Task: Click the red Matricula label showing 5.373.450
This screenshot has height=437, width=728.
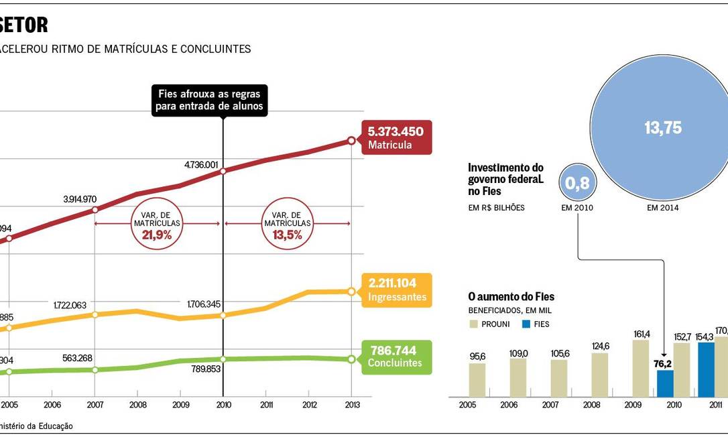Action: (396, 137)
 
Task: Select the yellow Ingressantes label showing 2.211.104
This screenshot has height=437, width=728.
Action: (396, 290)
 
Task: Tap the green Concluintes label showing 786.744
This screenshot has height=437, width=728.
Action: (396, 357)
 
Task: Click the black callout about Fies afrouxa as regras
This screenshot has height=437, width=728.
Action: (209, 101)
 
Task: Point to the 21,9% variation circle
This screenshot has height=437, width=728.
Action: (156, 229)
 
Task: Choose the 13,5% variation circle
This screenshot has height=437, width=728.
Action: (287, 229)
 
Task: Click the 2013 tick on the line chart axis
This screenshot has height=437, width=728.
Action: (352, 405)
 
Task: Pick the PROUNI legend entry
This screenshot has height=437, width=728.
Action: (489, 324)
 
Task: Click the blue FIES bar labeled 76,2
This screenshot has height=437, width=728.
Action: (665, 383)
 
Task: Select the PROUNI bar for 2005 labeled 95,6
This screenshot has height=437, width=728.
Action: (477, 379)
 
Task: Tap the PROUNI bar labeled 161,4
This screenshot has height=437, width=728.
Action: (641, 368)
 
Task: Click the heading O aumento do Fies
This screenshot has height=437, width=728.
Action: (511, 297)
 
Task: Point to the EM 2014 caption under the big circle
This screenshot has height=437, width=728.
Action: (662, 208)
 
